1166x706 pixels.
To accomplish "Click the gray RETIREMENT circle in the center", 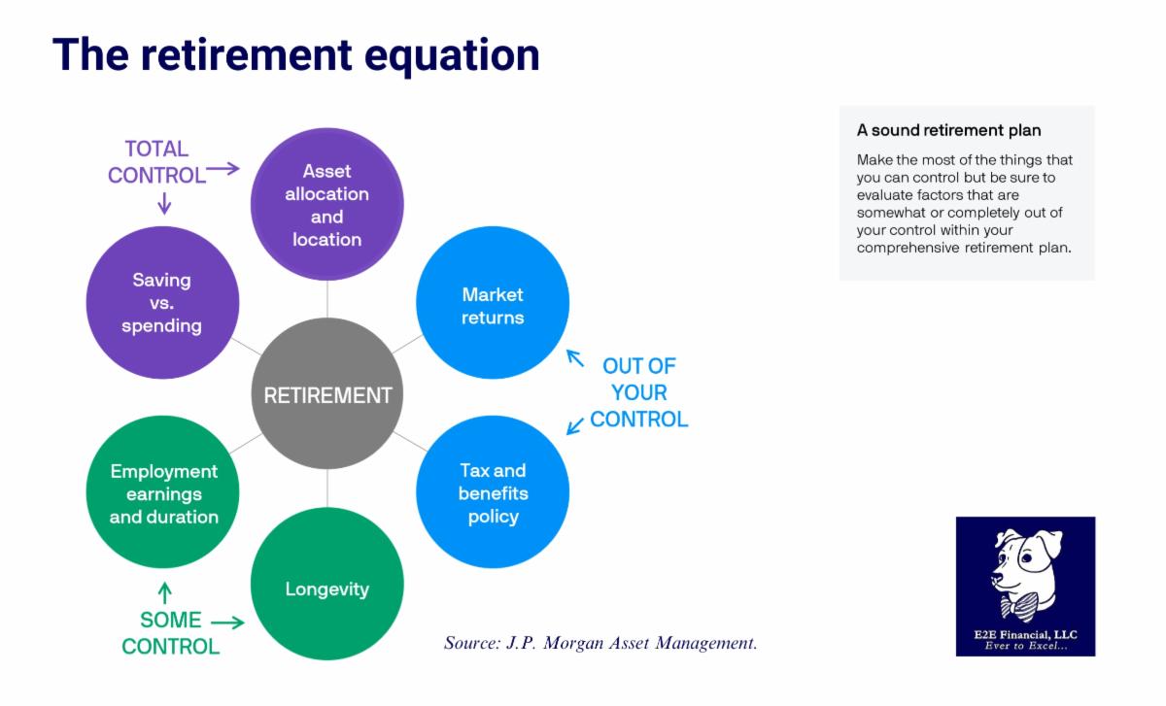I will [x=327, y=394].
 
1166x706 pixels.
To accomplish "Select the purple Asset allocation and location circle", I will [x=327, y=205].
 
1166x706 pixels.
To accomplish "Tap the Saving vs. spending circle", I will [x=162, y=302].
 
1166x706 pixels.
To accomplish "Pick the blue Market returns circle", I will [x=493, y=302].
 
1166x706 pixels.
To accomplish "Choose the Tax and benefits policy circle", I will [x=493, y=492].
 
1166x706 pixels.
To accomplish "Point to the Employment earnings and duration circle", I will [x=162, y=492].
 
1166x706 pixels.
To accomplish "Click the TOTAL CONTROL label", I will [x=156, y=162].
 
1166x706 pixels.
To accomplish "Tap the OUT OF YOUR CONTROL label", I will [x=638, y=393].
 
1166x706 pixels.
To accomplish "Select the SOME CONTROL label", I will [x=171, y=633].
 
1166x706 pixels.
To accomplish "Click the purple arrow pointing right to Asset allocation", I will [x=223, y=169].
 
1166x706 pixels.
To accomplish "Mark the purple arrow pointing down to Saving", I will [x=164, y=203].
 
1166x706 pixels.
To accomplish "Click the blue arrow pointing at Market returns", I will [x=576, y=358].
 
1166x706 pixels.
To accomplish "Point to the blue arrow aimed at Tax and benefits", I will [x=575, y=424].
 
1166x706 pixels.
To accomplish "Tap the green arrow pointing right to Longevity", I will [x=227, y=622].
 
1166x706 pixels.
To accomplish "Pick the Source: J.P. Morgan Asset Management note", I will [x=600, y=643].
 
